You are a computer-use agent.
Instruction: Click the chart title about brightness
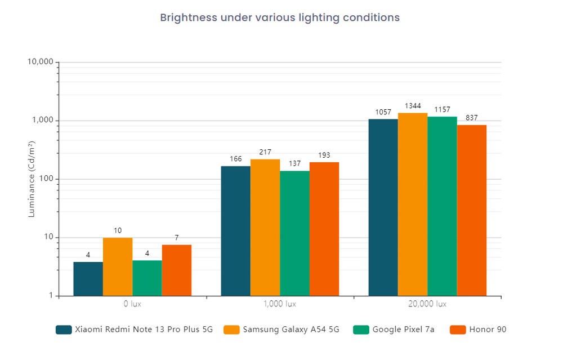(x=280, y=17)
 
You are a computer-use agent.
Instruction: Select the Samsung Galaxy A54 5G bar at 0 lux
(x=118, y=266)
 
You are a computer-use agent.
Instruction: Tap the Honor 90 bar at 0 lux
(x=177, y=270)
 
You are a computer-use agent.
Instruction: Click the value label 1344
(x=413, y=106)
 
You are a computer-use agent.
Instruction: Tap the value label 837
(x=472, y=118)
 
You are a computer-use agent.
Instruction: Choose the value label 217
(x=265, y=152)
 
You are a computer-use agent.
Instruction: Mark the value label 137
(x=294, y=163)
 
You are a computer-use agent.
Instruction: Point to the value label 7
(x=177, y=238)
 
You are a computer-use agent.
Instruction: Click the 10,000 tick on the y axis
(x=40, y=62)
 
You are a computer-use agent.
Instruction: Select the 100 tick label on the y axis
(x=46, y=179)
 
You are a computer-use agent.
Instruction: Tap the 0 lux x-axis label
(x=132, y=304)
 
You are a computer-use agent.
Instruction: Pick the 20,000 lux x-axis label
(x=427, y=304)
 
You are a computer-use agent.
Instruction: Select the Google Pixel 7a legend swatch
(x=361, y=330)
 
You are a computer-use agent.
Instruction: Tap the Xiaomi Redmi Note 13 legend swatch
(x=64, y=330)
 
